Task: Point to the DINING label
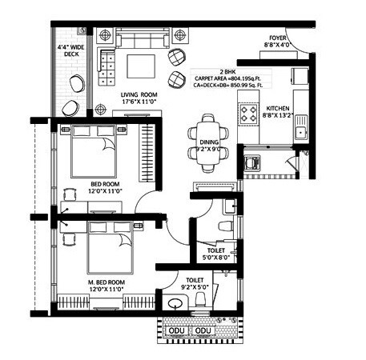click(208, 142)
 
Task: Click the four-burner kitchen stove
click(249, 114)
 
